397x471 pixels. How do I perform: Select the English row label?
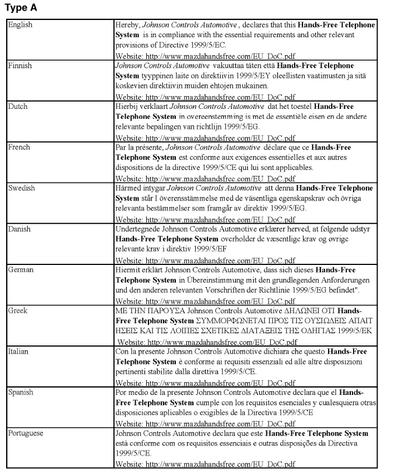click(x=20, y=25)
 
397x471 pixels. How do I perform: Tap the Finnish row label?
click(x=20, y=66)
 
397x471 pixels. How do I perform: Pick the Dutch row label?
click(x=18, y=107)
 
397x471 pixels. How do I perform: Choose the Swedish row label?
click(x=22, y=188)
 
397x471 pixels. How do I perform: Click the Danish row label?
click(x=19, y=229)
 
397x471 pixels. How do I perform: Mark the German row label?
click(x=21, y=269)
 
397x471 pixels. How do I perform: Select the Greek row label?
click(x=18, y=310)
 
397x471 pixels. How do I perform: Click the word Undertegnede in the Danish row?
click(x=137, y=229)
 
